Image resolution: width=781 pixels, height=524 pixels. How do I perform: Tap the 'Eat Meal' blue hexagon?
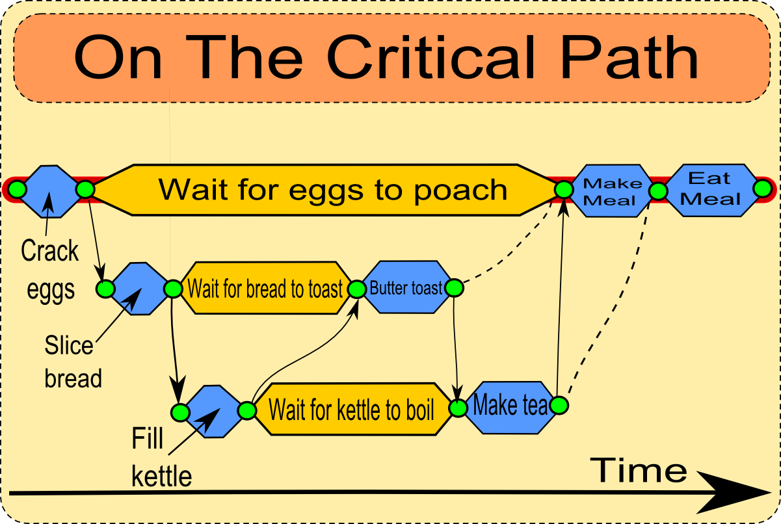(x=710, y=189)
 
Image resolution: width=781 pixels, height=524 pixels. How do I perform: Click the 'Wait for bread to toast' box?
(x=265, y=288)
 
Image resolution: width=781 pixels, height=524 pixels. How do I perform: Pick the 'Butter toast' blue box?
(x=406, y=287)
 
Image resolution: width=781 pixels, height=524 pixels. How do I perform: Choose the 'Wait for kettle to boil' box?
(x=351, y=410)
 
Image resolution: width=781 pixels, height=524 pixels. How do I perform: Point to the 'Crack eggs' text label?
(x=50, y=270)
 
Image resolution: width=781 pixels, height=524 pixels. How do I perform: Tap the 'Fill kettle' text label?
(x=161, y=457)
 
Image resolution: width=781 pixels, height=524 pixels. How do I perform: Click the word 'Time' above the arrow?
(x=639, y=469)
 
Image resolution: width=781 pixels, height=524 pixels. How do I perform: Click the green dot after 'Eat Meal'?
(x=761, y=189)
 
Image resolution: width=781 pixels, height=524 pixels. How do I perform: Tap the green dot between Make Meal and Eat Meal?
(x=658, y=191)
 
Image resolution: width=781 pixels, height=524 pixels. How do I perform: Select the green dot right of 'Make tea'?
(x=559, y=406)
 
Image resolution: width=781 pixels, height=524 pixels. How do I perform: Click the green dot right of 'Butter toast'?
(x=454, y=287)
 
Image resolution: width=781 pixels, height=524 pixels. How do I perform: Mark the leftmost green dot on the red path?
(x=17, y=189)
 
